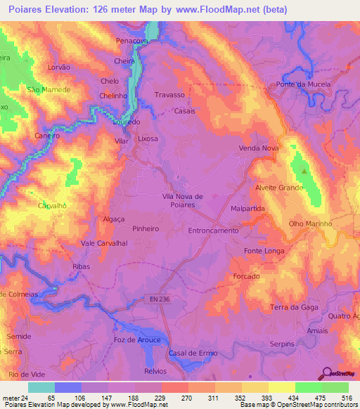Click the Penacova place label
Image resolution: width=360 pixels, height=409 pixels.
[132, 41]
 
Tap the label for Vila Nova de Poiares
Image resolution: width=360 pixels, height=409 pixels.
[182, 200]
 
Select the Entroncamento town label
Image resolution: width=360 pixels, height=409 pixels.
[214, 231]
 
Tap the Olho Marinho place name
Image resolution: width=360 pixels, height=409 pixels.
[310, 224]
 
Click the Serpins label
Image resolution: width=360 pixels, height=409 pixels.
[284, 344]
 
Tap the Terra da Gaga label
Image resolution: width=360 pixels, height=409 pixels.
[295, 308]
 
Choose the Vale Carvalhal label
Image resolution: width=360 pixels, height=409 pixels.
[103, 243]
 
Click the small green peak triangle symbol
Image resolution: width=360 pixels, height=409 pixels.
[304, 171]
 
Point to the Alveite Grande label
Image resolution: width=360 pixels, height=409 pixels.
[278, 188]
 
